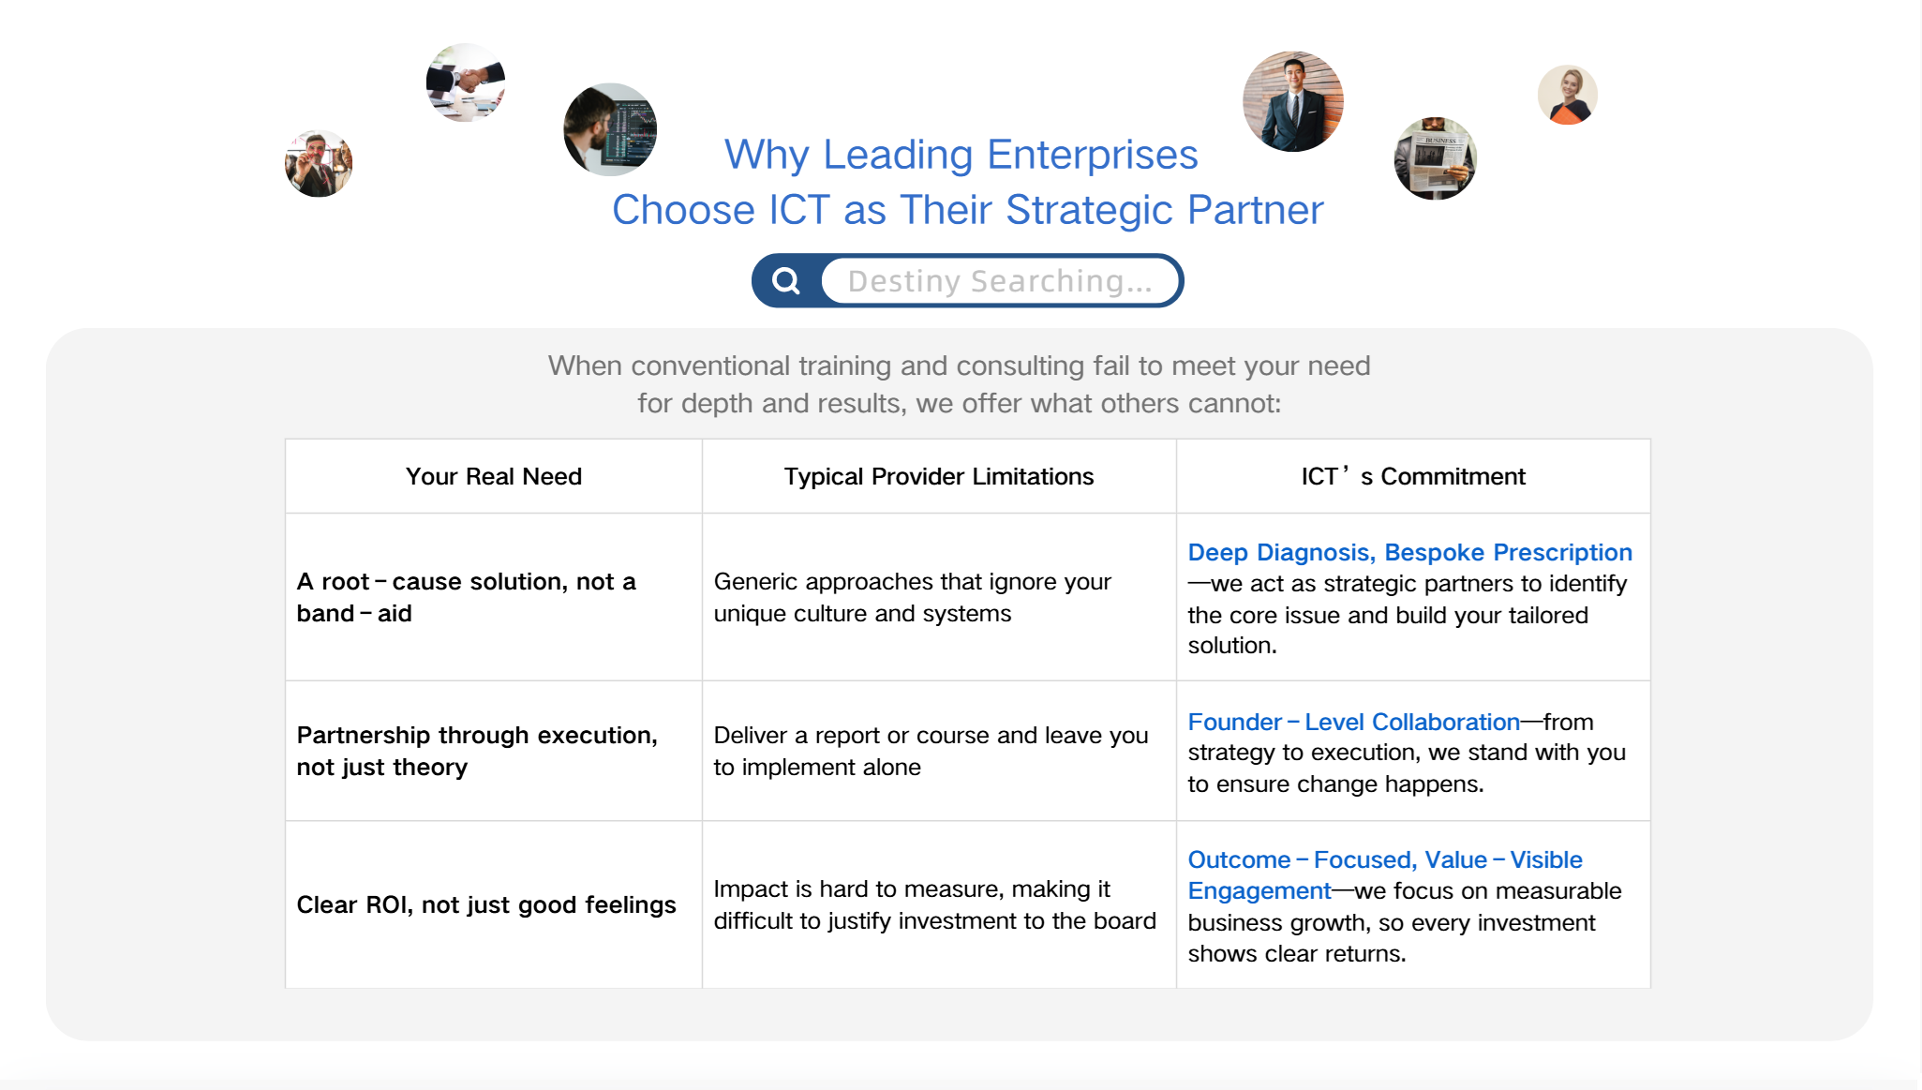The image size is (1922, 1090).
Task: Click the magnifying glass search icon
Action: coord(786,280)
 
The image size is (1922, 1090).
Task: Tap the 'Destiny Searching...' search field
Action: coord(999,280)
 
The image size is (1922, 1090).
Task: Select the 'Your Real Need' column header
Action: coord(494,476)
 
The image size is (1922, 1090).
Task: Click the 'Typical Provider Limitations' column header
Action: coord(939,476)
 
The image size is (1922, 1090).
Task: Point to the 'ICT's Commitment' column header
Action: coord(1413,476)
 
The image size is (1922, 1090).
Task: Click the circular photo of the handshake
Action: coord(466,82)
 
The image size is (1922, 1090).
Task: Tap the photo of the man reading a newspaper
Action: coord(1436,158)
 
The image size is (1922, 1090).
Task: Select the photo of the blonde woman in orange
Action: coord(1568,95)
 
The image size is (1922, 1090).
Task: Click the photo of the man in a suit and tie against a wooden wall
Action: coord(1293,101)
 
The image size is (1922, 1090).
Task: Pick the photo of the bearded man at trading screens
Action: coord(610,129)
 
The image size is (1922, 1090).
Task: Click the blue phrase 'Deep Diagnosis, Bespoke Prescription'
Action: coord(1409,552)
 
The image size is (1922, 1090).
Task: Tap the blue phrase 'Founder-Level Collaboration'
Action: coord(1353,722)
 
